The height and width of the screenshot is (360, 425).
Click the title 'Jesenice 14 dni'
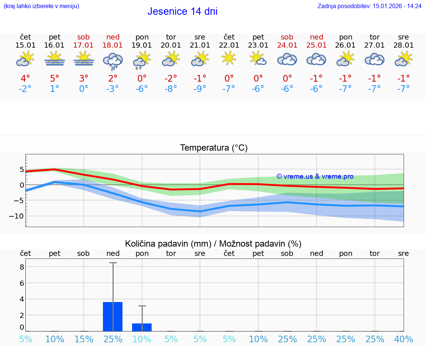tap(182, 11)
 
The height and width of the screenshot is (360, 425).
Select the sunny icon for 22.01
tap(229, 58)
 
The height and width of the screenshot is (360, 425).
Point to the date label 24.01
tap(287, 45)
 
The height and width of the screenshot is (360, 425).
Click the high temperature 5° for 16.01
tap(55, 79)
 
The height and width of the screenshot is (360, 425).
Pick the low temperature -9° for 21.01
tap(200, 89)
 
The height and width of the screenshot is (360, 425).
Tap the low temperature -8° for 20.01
tap(171, 89)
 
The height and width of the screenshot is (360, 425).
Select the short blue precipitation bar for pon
tap(142, 327)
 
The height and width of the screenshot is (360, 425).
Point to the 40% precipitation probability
tap(404, 339)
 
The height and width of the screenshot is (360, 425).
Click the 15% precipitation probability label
tap(84, 339)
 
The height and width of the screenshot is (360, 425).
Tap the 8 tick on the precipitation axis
tap(22, 267)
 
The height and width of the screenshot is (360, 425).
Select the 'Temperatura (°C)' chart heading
tap(214, 148)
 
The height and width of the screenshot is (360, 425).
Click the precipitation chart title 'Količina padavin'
tap(213, 244)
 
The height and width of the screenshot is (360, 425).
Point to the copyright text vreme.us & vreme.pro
tap(315, 176)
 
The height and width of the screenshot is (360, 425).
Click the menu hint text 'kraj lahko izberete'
tap(41, 6)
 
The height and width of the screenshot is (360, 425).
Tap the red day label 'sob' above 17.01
tap(84, 37)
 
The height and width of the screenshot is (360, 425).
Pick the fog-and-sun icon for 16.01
tap(55, 59)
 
